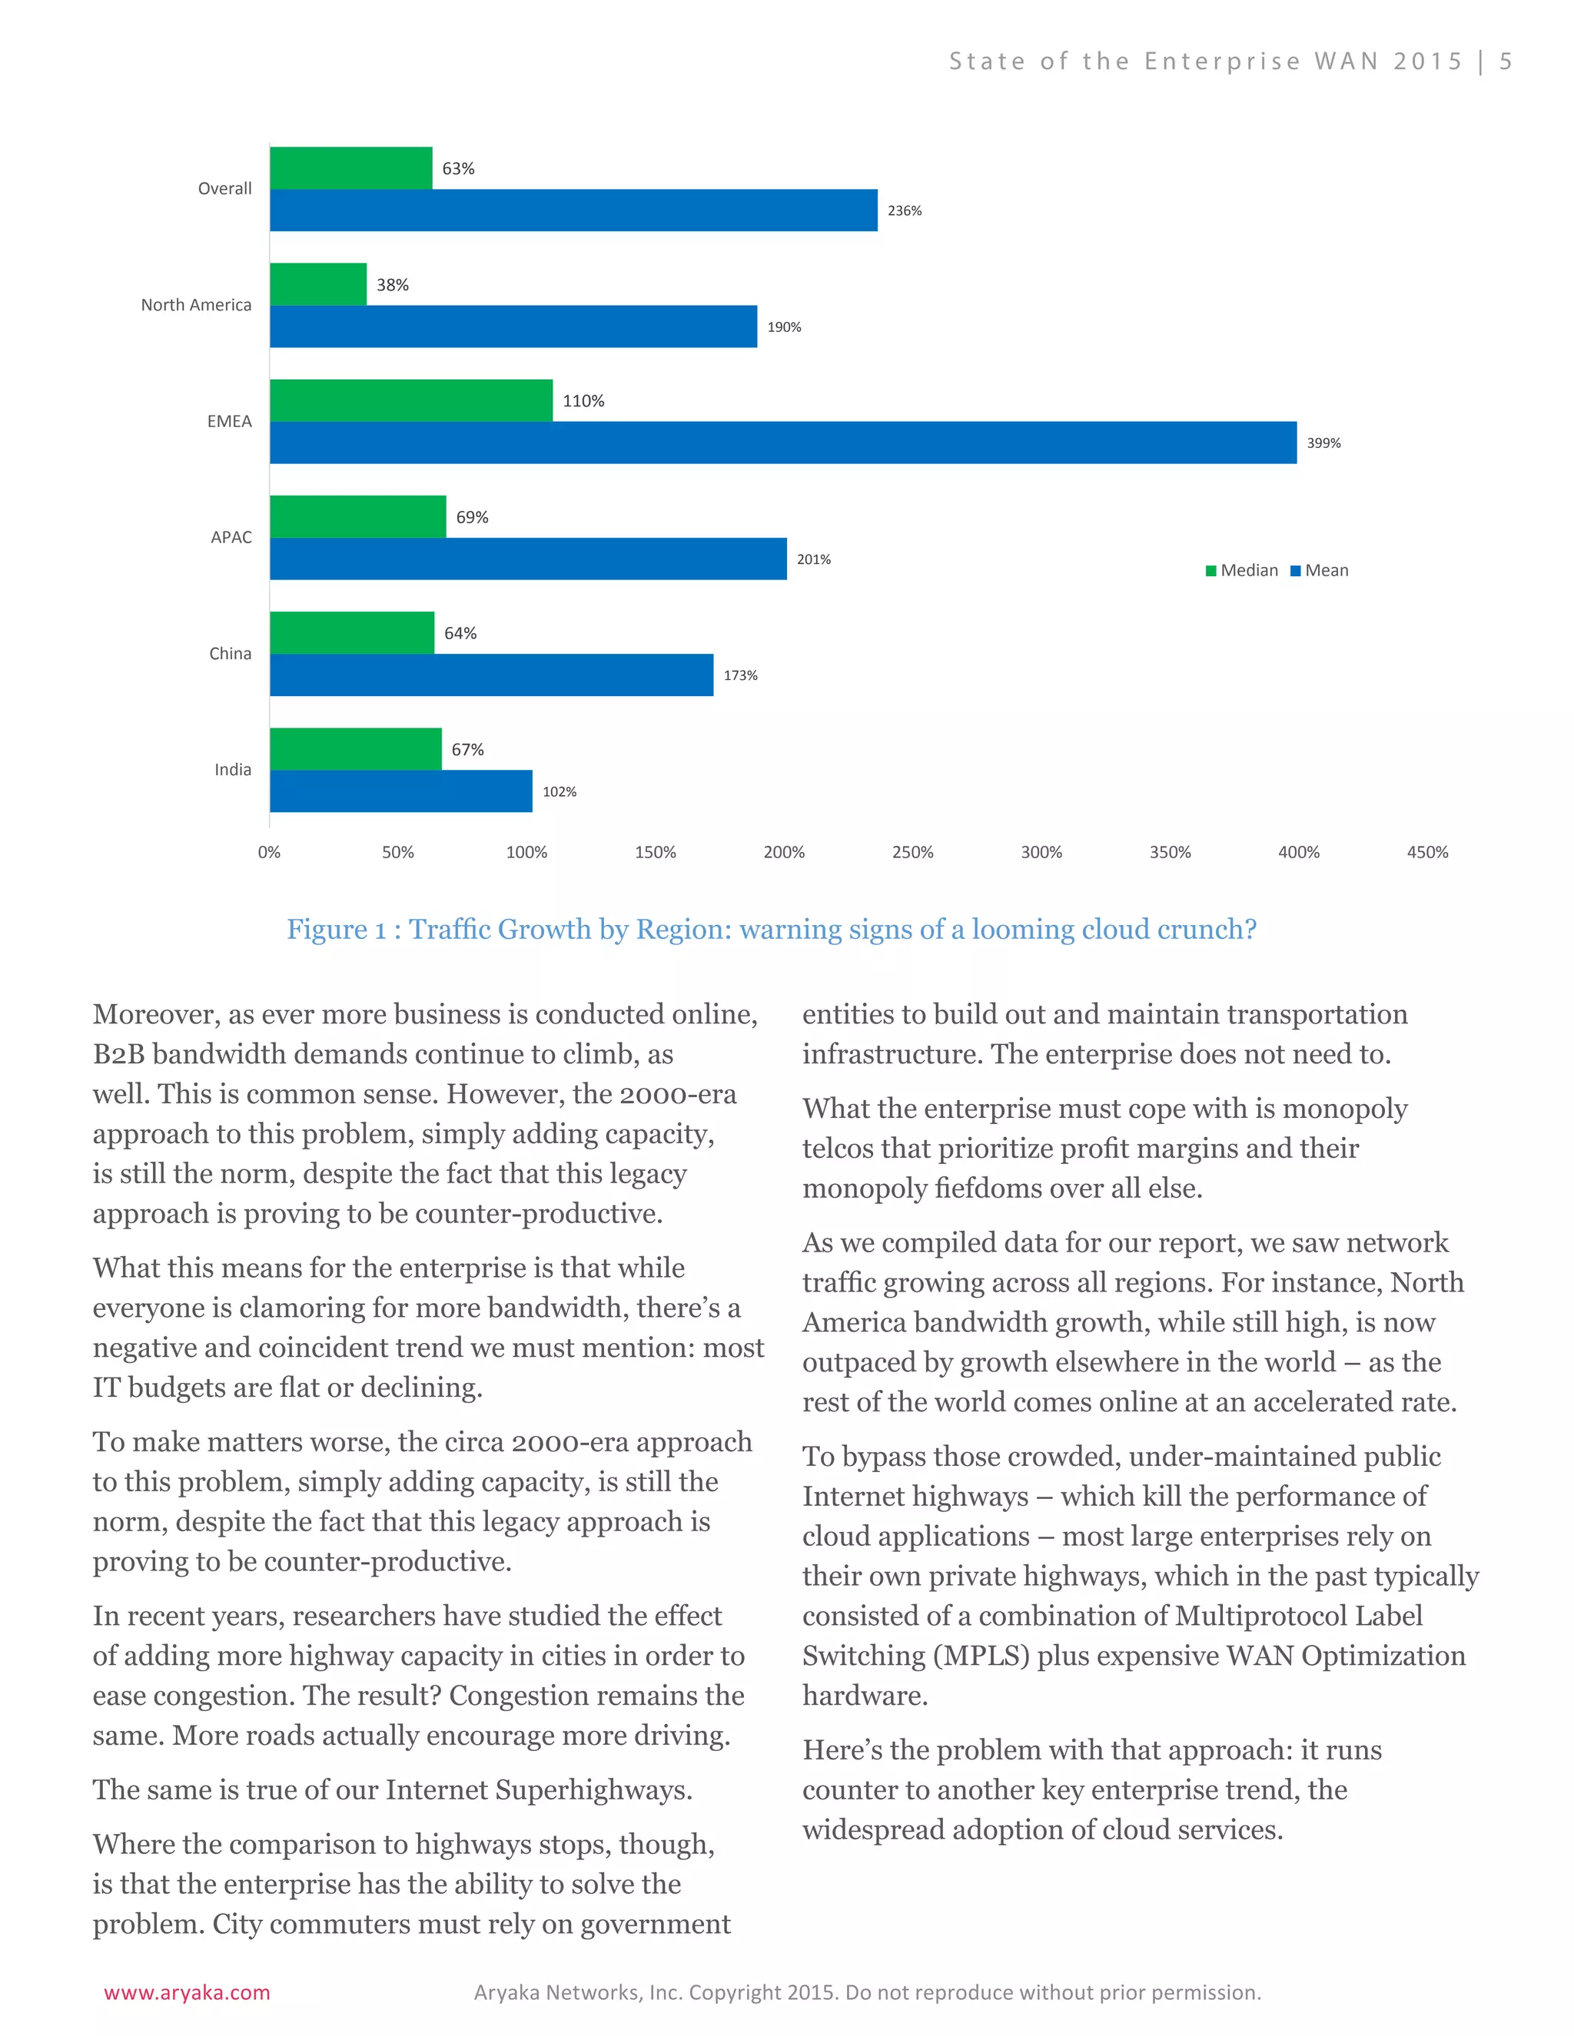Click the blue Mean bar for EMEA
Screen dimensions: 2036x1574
[x=783, y=442]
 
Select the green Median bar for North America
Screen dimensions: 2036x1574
[x=318, y=284]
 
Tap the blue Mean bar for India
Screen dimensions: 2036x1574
[x=401, y=791]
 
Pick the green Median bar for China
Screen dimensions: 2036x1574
[x=351, y=633]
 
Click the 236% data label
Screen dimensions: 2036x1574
[x=904, y=211]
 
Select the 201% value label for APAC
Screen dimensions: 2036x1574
[x=813, y=559]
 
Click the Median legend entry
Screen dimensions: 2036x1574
[x=1242, y=571]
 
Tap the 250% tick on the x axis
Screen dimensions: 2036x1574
[x=912, y=852]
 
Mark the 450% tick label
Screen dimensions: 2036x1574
[x=1426, y=852]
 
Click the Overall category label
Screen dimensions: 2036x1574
[x=224, y=188]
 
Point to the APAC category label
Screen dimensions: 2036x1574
[x=231, y=537]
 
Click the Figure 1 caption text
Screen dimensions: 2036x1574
[x=771, y=930]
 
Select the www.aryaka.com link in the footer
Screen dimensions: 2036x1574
[x=187, y=1992]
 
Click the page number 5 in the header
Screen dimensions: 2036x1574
[x=1505, y=61]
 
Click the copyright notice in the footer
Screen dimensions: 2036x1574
[x=867, y=1992]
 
